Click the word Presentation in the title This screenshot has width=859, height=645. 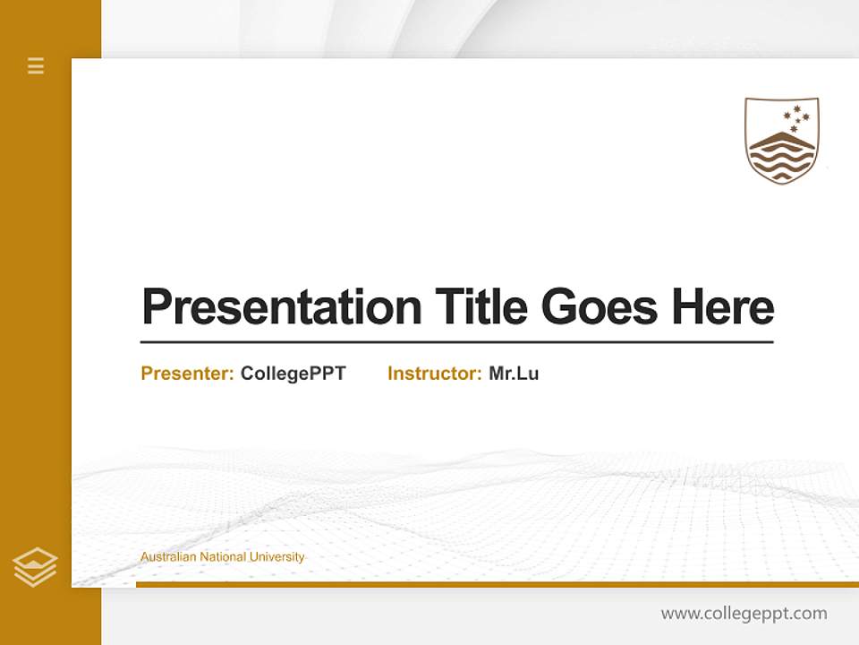[x=281, y=307]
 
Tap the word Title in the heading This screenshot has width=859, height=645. [x=481, y=307]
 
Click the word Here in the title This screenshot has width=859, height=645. [x=722, y=307]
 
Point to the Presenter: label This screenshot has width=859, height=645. [x=187, y=374]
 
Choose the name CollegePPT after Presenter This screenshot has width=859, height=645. [x=293, y=374]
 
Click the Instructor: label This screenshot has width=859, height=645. [x=434, y=374]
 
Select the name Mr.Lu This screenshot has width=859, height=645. [x=514, y=374]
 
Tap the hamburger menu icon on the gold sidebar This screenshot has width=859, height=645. [x=36, y=65]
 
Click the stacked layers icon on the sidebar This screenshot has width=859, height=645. [x=35, y=567]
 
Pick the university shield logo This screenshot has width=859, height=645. [x=782, y=140]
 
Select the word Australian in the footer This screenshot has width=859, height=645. [x=168, y=557]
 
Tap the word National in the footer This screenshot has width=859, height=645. [x=224, y=557]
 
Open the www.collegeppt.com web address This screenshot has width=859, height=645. [x=744, y=614]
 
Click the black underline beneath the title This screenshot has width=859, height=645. [x=456, y=341]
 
